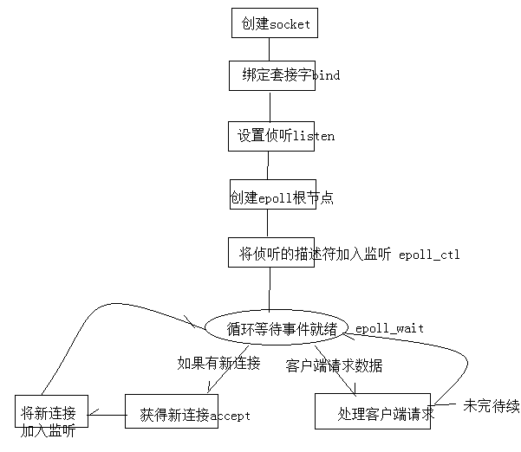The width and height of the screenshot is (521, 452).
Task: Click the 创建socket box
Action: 270,23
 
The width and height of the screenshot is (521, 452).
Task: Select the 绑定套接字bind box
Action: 270,75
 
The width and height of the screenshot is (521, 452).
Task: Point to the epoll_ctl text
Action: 429,255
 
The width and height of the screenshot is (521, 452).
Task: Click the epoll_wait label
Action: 389,329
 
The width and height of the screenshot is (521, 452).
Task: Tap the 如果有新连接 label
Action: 218,364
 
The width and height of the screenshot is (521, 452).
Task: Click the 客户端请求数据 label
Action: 334,366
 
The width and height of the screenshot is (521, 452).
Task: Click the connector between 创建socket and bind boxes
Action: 270,49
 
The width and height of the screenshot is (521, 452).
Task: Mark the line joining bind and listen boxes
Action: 270,106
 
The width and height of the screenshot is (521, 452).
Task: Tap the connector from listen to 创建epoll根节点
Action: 268,165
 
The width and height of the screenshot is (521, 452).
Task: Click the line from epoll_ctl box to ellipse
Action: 269,290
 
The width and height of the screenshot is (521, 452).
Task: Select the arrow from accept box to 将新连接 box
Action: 107,413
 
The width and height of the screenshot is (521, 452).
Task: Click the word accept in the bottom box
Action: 230,416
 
